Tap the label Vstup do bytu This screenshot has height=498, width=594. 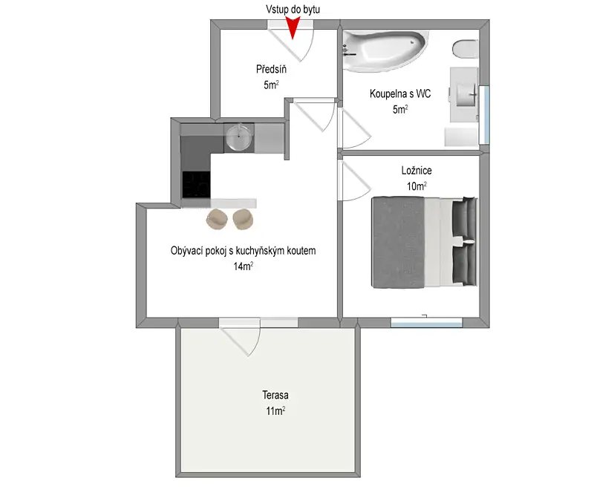coord(293,9)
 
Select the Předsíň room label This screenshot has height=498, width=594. coord(271,69)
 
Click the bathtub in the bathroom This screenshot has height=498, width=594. coord(385,51)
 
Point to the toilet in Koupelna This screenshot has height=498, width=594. coord(466,49)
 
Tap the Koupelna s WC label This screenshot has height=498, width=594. coord(400,94)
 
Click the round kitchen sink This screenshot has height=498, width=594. coord(238,137)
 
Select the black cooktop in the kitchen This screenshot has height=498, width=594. coord(196,184)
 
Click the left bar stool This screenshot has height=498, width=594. coord(217,219)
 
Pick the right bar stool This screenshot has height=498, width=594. coord(243,219)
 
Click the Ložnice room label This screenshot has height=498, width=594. coord(417,171)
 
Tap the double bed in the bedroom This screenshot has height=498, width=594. coord(424,243)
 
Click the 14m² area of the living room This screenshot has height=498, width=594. coord(244,266)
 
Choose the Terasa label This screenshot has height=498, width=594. coord(275,395)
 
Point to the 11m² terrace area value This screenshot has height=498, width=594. coord(275,411)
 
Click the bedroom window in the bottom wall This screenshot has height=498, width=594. coord(426,323)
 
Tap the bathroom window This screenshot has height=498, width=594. coord(484,115)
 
